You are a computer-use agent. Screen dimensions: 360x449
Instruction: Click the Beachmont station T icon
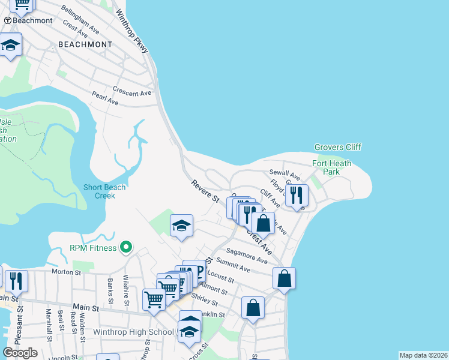click(8, 20)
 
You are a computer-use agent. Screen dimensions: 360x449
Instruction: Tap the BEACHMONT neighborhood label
click(85, 44)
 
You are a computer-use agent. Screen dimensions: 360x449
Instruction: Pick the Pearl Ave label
click(105, 98)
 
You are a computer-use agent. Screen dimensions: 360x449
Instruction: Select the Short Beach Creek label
click(105, 191)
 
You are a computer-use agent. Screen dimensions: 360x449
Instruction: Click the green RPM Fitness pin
click(126, 247)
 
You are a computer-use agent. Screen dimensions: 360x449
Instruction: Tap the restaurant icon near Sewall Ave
click(297, 195)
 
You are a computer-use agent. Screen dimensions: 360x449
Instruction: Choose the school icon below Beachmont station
click(10, 46)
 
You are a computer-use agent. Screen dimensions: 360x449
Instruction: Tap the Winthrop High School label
click(133, 332)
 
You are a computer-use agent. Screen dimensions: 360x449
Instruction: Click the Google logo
click(20, 353)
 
